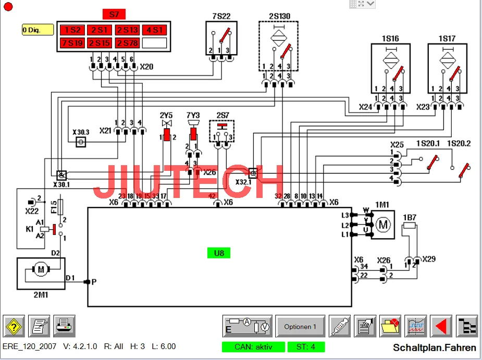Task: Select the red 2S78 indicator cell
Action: tap(127, 43)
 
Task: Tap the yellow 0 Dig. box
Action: tap(38, 30)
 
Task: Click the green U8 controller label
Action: tap(218, 253)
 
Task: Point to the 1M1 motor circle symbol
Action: tap(384, 225)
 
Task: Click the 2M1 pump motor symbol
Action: tap(40, 269)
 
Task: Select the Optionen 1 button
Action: tap(300, 327)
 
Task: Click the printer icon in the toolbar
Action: tap(65, 326)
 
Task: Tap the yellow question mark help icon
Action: tap(14, 326)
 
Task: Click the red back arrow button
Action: tap(441, 327)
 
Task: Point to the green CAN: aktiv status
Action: tap(253, 347)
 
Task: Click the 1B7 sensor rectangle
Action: tap(409, 226)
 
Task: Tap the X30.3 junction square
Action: tap(80, 143)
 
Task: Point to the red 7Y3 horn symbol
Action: tap(193, 133)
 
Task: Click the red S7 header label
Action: tap(114, 14)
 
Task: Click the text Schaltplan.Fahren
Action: tap(434, 347)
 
